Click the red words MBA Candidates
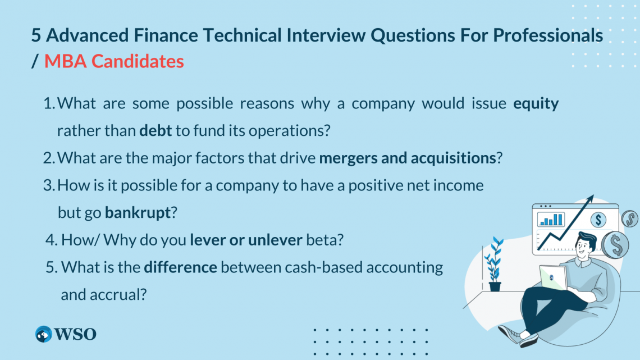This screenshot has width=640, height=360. [x=114, y=61]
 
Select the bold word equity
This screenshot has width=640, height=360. [x=536, y=103]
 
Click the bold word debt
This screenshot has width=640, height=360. [x=156, y=131]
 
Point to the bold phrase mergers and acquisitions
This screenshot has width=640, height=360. [x=408, y=158]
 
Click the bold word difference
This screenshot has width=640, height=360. [x=180, y=267]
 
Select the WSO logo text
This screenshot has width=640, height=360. [x=76, y=334]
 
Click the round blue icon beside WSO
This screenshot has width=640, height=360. [x=43, y=334]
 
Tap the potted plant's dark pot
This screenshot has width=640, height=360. [x=495, y=286]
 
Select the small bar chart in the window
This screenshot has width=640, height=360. [x=551, y=219]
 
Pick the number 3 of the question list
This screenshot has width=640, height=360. [x=48, y=185]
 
